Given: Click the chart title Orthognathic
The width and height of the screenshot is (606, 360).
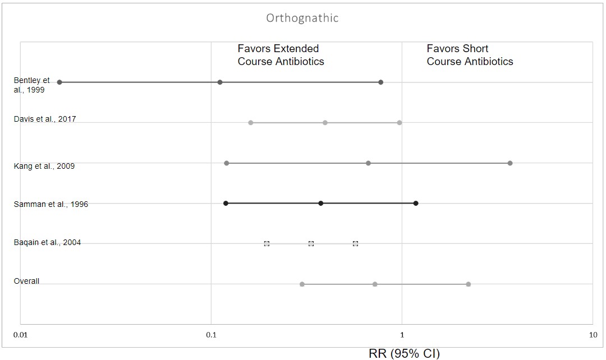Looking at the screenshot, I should (302, 18).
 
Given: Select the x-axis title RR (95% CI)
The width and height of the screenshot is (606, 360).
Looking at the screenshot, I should (404, 353).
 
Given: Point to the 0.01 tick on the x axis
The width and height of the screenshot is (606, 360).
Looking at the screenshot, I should (20, 335).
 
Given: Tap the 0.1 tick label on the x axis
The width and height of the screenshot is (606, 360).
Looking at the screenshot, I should (211, 335).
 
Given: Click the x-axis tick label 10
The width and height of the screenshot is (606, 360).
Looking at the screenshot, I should (593, 335).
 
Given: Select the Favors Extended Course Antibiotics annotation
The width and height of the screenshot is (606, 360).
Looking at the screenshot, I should (281, 55).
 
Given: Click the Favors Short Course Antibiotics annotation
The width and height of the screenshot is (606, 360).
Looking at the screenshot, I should (470, 55).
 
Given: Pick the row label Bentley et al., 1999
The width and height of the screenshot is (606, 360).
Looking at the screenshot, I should (31, 85).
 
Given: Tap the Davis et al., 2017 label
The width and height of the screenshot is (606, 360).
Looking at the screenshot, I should (45, 119).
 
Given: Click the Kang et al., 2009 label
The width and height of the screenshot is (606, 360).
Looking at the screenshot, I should (44, 166).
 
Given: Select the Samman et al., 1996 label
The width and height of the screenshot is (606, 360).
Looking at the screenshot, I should (51, 204).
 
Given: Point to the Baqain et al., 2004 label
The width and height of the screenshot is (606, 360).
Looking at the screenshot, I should (47, 242).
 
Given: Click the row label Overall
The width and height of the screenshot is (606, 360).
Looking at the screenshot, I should (26, 281).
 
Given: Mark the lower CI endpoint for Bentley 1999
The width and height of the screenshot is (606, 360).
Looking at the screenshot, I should (59, 82).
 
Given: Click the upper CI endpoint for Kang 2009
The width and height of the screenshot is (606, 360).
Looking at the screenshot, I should (509, 163).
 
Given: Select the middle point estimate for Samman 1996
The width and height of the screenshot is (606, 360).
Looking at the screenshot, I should (320, 204).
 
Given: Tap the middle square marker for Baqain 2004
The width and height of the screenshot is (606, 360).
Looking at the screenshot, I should (311, 243).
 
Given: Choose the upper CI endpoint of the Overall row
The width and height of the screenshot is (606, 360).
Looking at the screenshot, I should (468, 284).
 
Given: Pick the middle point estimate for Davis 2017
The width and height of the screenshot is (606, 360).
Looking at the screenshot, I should (325, 123).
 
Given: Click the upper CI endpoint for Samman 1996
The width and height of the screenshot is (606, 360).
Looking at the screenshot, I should (415, 204).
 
